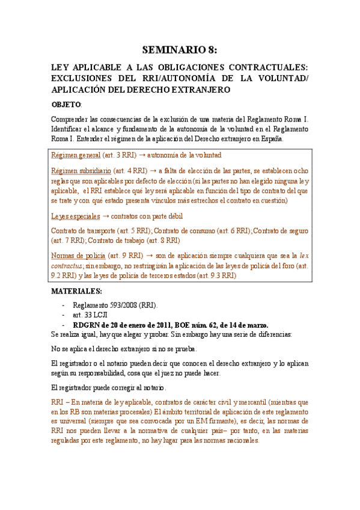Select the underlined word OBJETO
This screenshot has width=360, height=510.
tap(66, 105)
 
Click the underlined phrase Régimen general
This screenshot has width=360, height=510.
tap(75, 155)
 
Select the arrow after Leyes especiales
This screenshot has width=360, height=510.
tap(106, 216)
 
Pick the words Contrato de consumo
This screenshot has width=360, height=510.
tap(185, 230)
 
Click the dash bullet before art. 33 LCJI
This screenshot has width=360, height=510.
tap(64, 315)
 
